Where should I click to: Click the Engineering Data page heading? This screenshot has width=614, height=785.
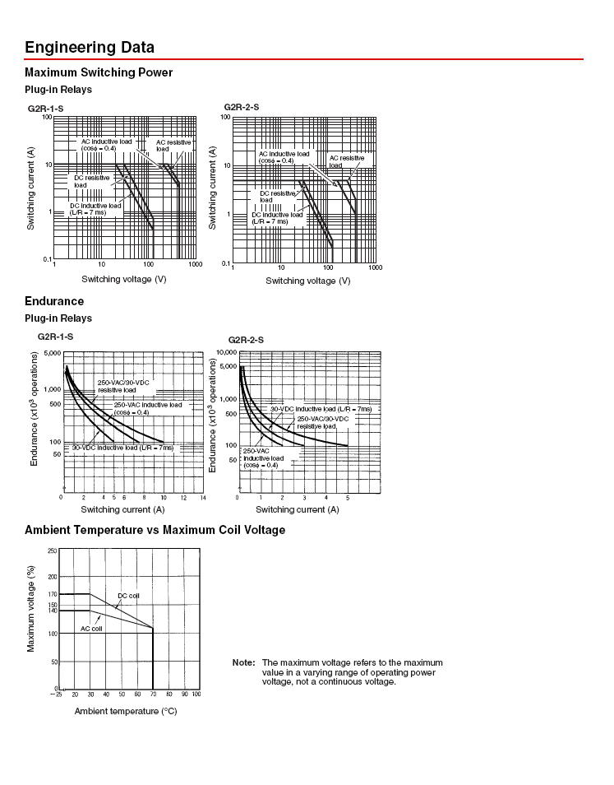click(90, 47)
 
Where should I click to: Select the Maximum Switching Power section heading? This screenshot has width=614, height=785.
click(99, 72)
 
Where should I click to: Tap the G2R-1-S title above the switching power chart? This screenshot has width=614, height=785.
click(46, 109)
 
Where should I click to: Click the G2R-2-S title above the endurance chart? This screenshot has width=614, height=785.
click(245, 340)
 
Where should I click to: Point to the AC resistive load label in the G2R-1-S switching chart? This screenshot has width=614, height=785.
click(173, 146)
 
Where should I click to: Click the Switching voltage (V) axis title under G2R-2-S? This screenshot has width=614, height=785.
click(307, 281)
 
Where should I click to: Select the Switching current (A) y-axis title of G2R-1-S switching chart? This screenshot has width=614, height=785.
click(30, 188)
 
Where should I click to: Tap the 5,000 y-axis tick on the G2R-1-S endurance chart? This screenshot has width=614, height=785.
click(52, 353)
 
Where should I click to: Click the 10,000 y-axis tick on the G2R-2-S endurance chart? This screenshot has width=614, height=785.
click(225, 352)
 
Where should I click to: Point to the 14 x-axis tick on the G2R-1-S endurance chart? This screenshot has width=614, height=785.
click(203, 498)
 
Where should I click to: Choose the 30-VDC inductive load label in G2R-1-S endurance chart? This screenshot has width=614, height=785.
click(122, 448)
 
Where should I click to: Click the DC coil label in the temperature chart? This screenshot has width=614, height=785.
click(128, 595)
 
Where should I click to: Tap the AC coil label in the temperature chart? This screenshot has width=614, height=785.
click(90, 628)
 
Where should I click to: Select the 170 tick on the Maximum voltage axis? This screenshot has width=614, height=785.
click(52, 594)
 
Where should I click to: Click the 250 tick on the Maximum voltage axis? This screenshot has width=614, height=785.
click(52, 550)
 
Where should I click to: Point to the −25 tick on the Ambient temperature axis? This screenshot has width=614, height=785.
click(57, 694)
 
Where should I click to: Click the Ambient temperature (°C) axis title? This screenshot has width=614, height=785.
click(126, 711)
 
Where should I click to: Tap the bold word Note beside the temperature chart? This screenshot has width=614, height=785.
click(243, 662)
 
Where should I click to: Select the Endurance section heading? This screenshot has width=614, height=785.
click(54, 301)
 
